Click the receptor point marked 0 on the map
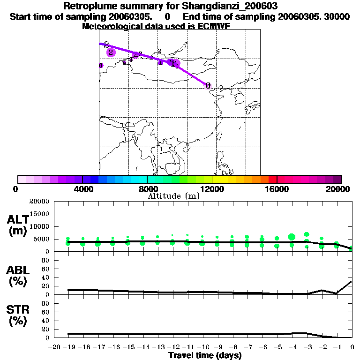pyautogui.click(x=208, y=86)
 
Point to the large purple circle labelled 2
pyautogui.click(x=111, y=52)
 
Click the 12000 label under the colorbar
pyautogui.click(x=212, y=189)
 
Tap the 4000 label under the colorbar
pyautogui.click(x=82, y=189)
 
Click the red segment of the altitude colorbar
pyautogui.click(x=272, y=179)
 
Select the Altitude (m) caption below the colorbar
pyautogui.click(x=173, y=196)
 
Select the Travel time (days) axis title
pyautogui.click(x=205, y=355)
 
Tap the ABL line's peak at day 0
pyautogui.click(x=352, y=281)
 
